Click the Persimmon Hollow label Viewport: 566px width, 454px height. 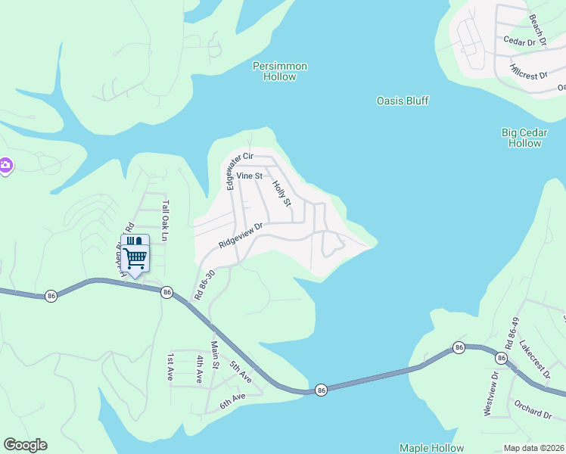pyautogui.click(x=280, y=71)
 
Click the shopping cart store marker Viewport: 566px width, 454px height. pyautogui.click(x=135, y=256)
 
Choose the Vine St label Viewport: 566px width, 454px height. pyautogui.click(x=249, y=176)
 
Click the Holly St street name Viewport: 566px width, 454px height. pyautogui.click(x=281, y=193)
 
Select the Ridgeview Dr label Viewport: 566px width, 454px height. pyautogui.click(x=241, y=235)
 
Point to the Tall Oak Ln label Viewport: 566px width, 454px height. pyautogui.click(x=165, y=214)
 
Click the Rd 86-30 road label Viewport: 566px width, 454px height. pyautogui.click(x=204, y=284)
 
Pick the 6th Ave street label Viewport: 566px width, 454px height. pyautogui.click(x=233, y=398)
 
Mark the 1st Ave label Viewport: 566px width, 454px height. pyautogui.click(x=171, y=366)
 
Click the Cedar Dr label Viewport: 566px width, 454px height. pyautogui.click(x=519, y=42)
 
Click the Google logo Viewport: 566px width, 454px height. pyautogui.click(x=25, y=445)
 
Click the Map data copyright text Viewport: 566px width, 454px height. pyautogui.click(x=533, y=448)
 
